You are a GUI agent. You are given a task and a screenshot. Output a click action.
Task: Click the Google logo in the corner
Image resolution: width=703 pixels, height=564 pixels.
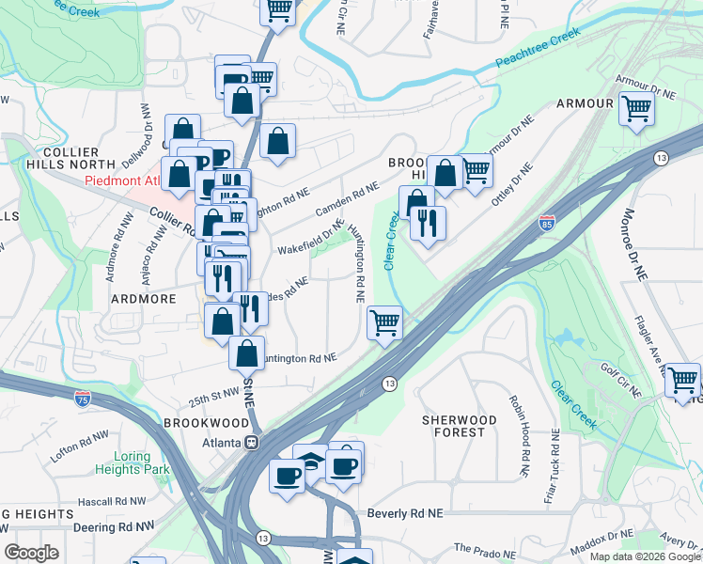(x=31, y=552)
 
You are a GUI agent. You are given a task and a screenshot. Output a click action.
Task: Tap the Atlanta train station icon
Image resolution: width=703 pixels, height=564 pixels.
(x=251, y=441)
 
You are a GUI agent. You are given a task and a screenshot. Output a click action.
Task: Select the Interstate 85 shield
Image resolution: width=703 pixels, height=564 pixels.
(x=546, y=224)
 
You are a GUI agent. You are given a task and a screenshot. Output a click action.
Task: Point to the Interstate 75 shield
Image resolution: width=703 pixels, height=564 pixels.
(x=83, y=399)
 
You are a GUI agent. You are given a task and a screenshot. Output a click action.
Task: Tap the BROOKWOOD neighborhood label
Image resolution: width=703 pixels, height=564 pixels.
(x=198, y=424)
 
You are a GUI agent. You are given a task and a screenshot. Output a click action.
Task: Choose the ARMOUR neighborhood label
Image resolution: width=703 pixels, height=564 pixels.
(x=585, y=103)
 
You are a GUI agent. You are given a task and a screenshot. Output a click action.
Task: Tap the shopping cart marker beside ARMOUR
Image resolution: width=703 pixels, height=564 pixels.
(x=637, y=108)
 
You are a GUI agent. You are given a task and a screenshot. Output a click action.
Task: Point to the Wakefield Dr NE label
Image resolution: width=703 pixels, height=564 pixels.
(x=311, y=240)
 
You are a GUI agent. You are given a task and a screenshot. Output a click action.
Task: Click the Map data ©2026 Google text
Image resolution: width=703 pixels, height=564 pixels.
(x=645, y=556)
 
